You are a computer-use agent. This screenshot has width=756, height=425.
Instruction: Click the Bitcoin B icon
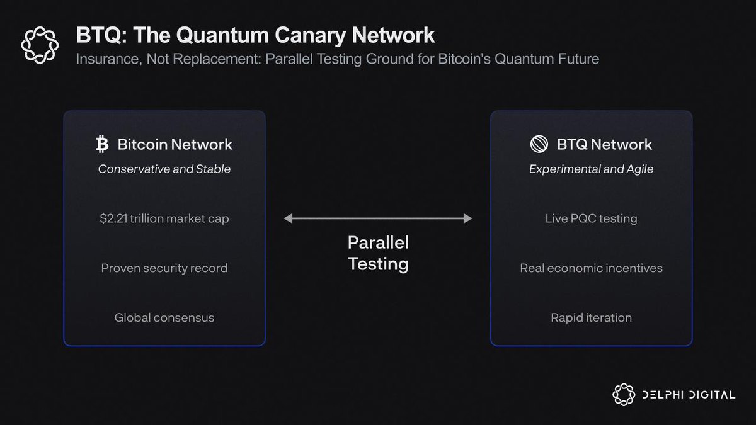(x=102, y=144)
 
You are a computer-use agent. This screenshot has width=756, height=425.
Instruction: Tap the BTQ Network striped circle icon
(x=540, y=144)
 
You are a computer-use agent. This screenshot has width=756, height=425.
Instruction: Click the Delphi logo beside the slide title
(x=40, y=45)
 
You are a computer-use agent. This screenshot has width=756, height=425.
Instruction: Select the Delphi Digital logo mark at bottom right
(x=623, y=394)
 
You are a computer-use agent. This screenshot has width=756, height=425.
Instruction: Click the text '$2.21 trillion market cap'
(x=164, y=218)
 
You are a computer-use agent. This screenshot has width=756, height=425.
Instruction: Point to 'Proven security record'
(x=164, y=268)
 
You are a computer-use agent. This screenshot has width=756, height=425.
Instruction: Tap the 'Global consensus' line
(x=164, y=318)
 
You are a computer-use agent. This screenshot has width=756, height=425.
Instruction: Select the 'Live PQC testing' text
(x=591, y=218)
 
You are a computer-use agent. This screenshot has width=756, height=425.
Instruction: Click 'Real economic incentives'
(x=591, y=268)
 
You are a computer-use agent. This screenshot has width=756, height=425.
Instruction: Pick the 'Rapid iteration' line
(x=591, y=318)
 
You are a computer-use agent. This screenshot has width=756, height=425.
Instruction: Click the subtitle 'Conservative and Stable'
(x=164, y=169)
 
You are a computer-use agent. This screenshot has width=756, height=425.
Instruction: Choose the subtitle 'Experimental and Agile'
(x=591, y=169)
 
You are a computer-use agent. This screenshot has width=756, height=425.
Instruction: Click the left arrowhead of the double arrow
(x=287, y=218)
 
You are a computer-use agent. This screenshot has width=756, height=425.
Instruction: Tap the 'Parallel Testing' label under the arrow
(x=378, y=253)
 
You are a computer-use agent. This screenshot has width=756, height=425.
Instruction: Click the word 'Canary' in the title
(x=307, y=35)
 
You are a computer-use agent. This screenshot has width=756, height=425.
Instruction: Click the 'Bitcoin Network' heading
(x=175, y=144)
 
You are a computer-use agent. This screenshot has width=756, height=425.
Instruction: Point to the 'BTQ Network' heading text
(x=604, y=144)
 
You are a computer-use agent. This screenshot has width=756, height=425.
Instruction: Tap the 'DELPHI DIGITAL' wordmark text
(x=689, y=395)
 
